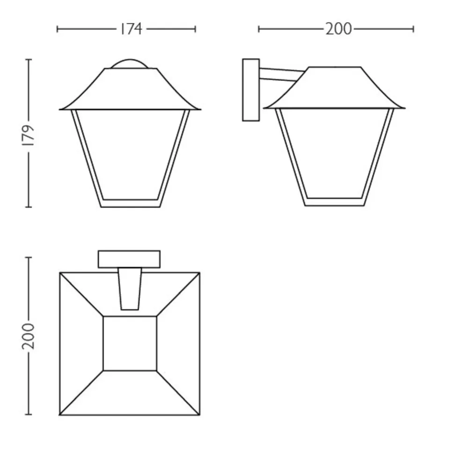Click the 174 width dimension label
pos(131,29)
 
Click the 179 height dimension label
pos(29,135)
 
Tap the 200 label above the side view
pos(339,29)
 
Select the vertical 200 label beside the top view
pos(29,336)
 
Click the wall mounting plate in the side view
pos(251,90)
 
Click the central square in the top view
pos(130,343)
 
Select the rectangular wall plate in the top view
pos(129,259)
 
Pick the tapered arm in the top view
pos(130,288)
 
